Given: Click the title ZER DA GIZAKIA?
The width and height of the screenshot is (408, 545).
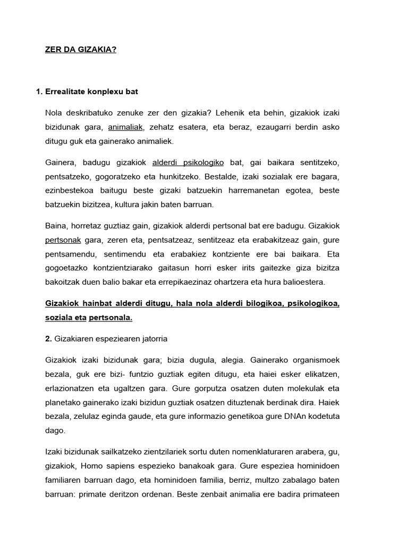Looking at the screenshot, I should tap(80, 49).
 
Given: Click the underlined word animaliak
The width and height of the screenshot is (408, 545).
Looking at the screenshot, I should tap(125, 127).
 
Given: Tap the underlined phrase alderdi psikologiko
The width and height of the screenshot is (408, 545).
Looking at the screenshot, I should tap(188, 162).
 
